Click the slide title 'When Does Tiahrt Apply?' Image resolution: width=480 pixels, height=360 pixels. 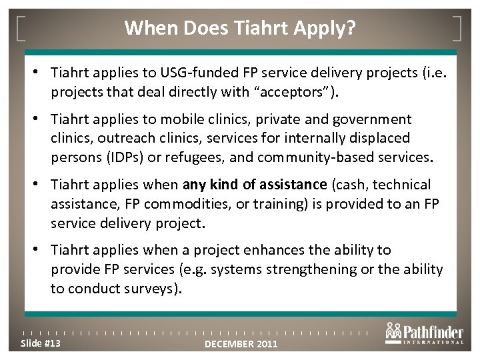[239, 28]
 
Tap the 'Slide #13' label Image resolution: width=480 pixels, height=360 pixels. [41, 343]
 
